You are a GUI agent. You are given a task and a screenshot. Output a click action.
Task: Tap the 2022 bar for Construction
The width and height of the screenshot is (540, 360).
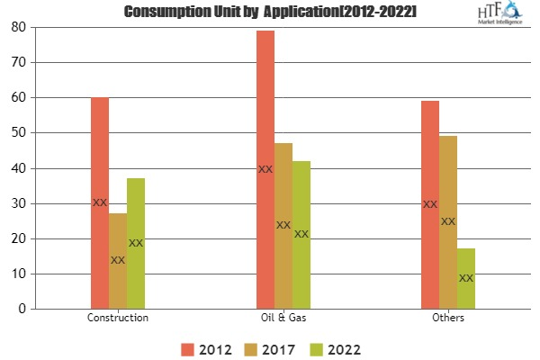tap(136, 243)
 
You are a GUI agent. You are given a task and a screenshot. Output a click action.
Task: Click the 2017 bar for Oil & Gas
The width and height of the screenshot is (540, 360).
tap(283, 225)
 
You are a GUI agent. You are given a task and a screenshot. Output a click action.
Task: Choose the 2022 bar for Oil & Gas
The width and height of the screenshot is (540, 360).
tap(301, 234)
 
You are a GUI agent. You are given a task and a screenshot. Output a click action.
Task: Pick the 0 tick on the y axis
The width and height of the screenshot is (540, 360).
tap(21, 309)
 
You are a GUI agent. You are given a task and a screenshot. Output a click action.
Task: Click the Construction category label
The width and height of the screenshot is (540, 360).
tap(118, 319)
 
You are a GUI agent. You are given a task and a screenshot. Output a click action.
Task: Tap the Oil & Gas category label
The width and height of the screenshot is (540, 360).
tap(283, 319)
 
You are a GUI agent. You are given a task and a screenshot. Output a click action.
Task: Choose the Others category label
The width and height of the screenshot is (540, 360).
tap(448, 319)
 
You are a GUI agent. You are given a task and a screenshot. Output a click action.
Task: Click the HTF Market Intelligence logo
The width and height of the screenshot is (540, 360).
tap(502, 15)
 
